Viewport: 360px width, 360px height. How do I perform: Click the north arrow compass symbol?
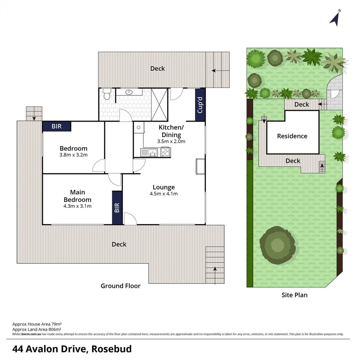pyautogui.click(x=335, y=19)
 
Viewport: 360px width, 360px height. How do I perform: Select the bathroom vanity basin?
pyautogui.click(x=129, y=92)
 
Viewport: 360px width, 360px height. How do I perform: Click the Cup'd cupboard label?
pyautogui.click(x=200, y=105)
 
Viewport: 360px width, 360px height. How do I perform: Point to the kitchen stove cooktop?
pyautogui.click(x=165, y=152)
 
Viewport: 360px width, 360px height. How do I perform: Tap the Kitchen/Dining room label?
pyautogui.click(x=171, y=131)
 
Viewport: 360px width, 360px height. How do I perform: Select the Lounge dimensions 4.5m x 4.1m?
pyautogui.click(x=164, y=194)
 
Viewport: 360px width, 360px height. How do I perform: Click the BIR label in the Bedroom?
pyautogui.click(x=57, y=126)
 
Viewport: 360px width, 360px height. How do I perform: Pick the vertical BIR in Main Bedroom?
pyautogui.click(x=117, y=208)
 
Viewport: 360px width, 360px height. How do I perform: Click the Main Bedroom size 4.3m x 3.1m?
pyautogui.click(x=77, y=206)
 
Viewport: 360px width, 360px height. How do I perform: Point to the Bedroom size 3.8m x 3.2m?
pyautogui.click(x=73, y=155)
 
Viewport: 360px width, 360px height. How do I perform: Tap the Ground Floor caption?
pyautogui.click(x=121, y=286)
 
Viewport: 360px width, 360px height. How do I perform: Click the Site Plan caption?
pyautogui.click(x=294, y=295)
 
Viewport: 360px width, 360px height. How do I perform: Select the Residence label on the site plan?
pyautogui.click(x=292, y=136)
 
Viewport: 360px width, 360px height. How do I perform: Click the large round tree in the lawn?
pyautogui.click(x=278, y=245)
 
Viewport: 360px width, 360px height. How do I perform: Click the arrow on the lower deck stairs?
pyautogui.click(x=215, y=269)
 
